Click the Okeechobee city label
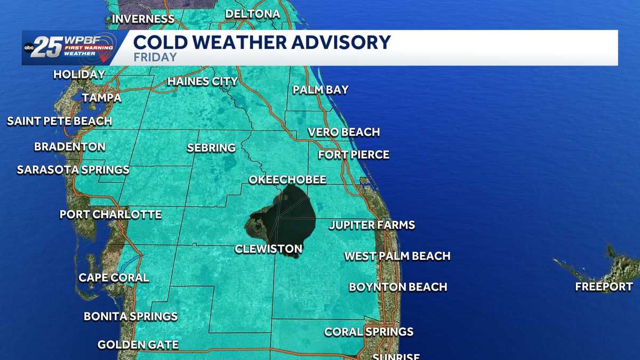click(x=287, y=180)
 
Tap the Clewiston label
click(x=268, y=249)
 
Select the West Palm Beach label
click(x=397, y=256)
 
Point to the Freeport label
click(x=604, y=287)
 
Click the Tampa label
click(x=101, y=98)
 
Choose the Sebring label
click(x=211, y=148)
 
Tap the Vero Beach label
click(x=343, y=132)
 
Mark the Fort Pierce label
click(x=353, y=155)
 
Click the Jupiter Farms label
click(x=371, y=225)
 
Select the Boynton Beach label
click(x=397, y=287)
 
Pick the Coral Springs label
click(x=369, y=332)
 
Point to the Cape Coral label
click(x=114, y=277)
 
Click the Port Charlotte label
click(x=110, y=214)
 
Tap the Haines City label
click(x=202, y=82)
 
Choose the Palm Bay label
click(x=320, y=90)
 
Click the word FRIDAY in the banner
click(x=155, y=57)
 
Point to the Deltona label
click(x=252, y=14)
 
